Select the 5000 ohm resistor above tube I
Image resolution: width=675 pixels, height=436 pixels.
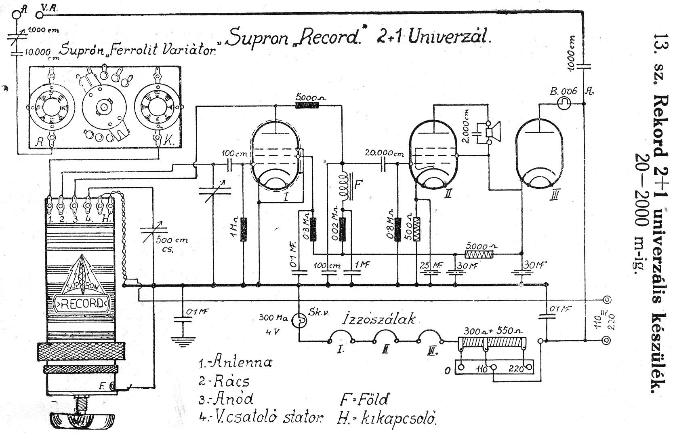pyautogui.click(x=307, y=106)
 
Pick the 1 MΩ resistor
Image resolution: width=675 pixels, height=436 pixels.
pyautogui.click(x=244, y=229)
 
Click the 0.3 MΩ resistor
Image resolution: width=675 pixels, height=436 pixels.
pyautogui.click(x=313, y=229)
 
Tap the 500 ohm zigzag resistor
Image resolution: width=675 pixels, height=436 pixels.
pyautogui.click(x=416, y=229)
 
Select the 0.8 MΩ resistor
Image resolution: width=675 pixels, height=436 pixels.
pyautogui.click(x=398, y=229)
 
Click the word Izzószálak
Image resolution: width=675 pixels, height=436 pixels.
pyautogui.click(x=379, y=319)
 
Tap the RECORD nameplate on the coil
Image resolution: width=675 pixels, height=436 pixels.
pyautogui.click(x=81, y=304)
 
